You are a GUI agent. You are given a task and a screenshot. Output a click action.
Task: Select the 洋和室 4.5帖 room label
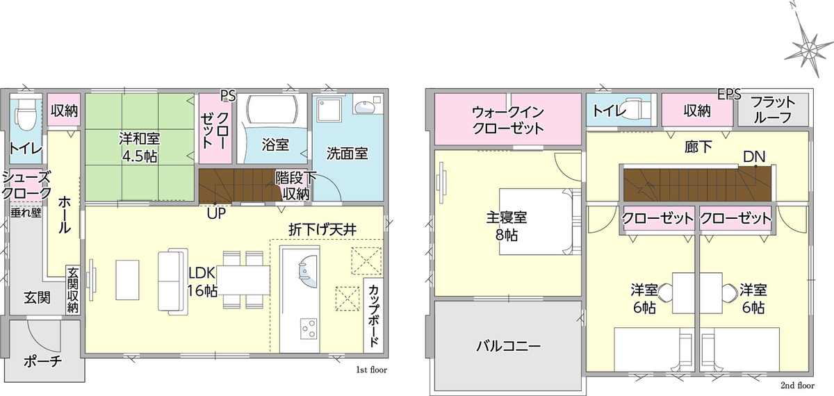tap(139, 147)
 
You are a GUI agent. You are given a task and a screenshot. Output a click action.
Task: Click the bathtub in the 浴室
tap(272, 108)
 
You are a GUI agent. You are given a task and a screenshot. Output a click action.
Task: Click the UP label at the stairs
tap(216, 214)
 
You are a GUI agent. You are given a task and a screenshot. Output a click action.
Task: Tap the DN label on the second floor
tap(754, 157)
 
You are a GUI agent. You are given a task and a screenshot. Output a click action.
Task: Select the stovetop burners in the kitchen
tap(309, 329)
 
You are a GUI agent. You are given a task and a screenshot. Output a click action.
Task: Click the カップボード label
tap(374, 315)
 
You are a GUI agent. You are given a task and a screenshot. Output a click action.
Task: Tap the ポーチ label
tap(42, 361)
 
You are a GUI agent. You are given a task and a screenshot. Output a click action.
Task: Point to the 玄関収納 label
tap(73, 290)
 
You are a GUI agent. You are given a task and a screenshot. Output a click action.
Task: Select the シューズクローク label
tap(26, 185)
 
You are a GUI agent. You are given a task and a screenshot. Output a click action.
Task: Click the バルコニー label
tap(508, 347)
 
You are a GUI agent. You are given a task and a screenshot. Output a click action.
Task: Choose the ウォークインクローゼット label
tap(508, 119)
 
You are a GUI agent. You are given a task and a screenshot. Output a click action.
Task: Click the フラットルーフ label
tap(773, 110)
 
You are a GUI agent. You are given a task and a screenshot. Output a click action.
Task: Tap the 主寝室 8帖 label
tap(507, 226)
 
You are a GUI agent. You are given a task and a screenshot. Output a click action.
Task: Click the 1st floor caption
tap(371, 370)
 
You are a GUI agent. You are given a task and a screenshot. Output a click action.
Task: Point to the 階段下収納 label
tap(295, 185)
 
